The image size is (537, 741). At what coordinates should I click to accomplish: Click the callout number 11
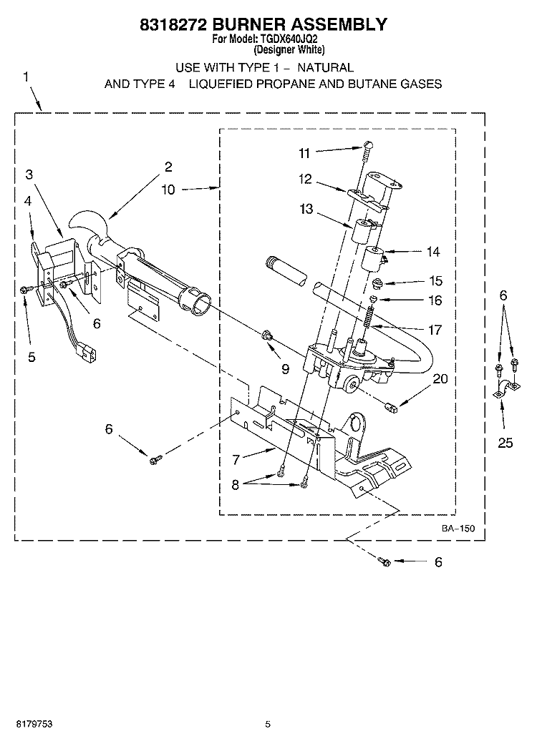pos(304,152)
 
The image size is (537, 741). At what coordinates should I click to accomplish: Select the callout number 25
pos(505,443)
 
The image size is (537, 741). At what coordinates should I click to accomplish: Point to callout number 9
pos(285,369)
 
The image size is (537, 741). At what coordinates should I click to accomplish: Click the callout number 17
pos(434,330)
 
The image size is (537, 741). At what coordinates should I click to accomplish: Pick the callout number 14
pos(432,252)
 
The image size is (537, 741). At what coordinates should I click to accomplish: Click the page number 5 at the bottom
pos(267,724)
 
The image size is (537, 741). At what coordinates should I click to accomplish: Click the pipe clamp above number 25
pos(505,389)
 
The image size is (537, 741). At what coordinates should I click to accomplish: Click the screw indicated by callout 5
pos(26,290)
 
